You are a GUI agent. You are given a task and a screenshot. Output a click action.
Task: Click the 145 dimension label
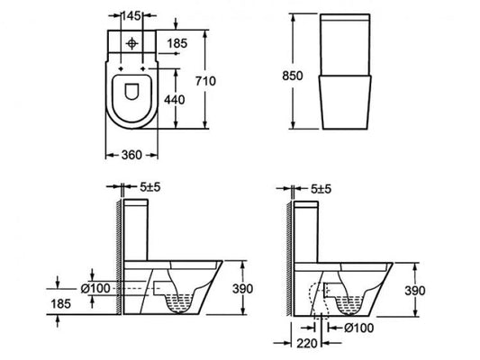point(132,15)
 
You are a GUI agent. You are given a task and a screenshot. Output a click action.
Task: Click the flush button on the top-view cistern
point(132,41)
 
